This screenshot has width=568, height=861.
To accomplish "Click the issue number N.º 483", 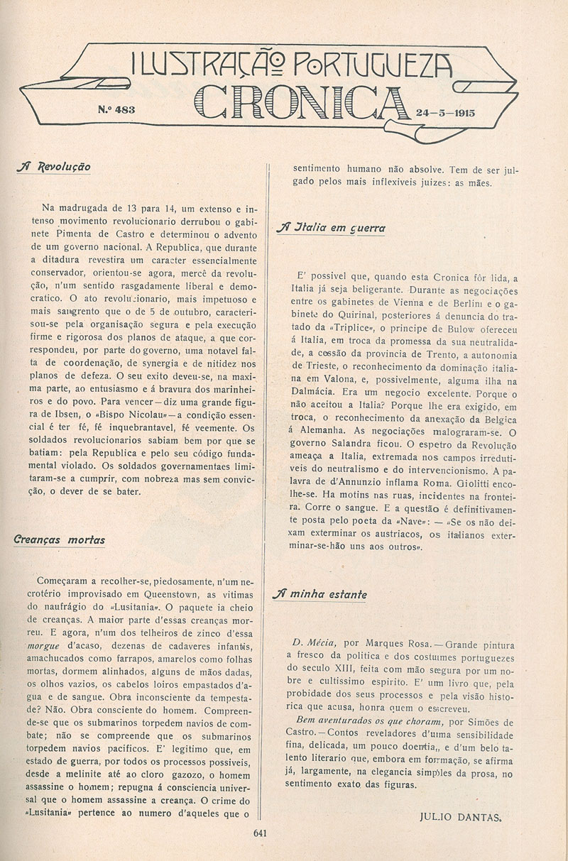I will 116,109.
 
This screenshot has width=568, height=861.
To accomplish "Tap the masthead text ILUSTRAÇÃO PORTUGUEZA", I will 292,66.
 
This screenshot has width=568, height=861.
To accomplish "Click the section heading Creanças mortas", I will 59,539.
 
